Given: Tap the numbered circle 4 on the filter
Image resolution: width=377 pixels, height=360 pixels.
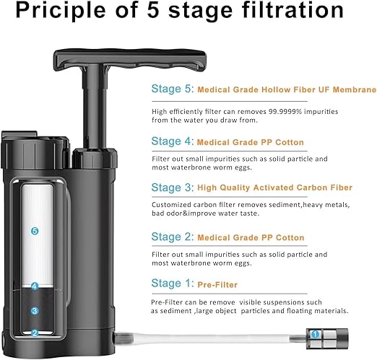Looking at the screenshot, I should point(34,286).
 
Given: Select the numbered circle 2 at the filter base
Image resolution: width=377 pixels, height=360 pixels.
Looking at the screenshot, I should point(34,333).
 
